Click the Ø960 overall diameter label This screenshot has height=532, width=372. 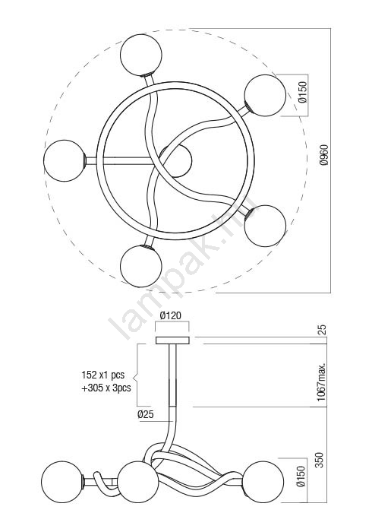[x=324, y=155]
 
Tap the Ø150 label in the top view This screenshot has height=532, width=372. [x=303, y=92]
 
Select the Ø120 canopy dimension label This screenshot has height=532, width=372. [x=171, y=315]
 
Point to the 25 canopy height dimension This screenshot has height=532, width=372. [x=323, y=330]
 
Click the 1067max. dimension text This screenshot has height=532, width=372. [x=322, y=382]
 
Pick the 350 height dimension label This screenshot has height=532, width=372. [x=320, y=460]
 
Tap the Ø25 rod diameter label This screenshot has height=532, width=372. [x=146, y=414]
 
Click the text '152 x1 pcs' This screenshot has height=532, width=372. [x=103, y=375]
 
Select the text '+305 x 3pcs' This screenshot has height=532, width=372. [x=106, y=388]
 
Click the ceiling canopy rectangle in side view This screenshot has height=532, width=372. [x=172, y=340]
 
